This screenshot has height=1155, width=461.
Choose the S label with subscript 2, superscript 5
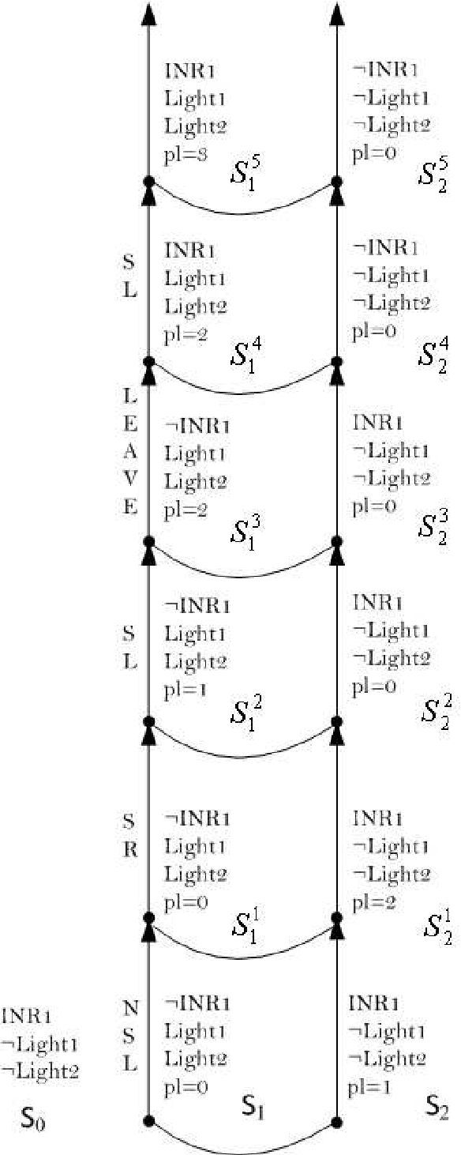coord(433,175)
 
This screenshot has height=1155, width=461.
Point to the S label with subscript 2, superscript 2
coord(433,711)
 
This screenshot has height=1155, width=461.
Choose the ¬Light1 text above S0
coord(39,1044)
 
